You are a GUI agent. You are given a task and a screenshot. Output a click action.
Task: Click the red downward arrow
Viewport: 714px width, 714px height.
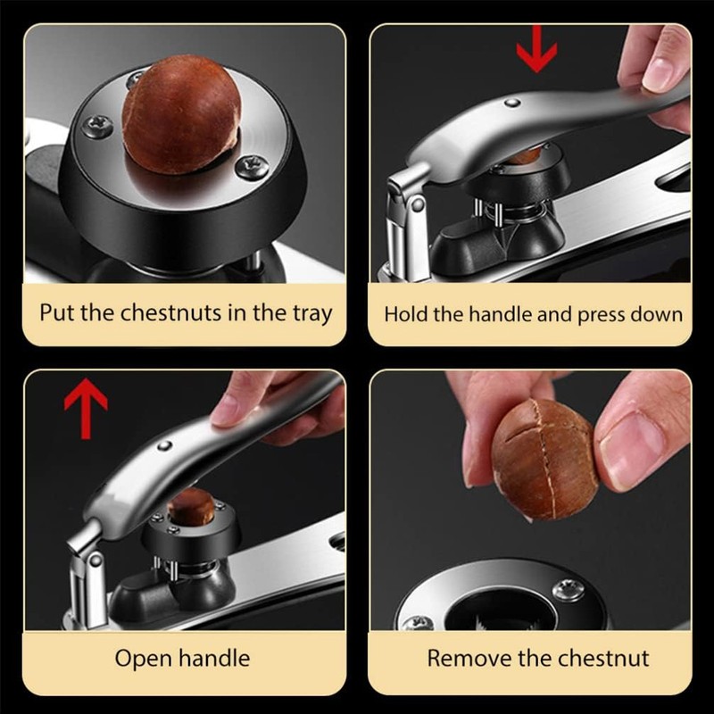[535, 52]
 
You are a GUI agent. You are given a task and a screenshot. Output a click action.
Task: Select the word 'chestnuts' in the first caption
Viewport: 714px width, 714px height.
[163, 313]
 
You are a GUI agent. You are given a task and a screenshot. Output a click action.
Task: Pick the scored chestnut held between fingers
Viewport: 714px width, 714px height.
[533, 458]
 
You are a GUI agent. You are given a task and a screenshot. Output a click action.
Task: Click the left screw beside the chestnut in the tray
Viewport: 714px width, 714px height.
[97, 125]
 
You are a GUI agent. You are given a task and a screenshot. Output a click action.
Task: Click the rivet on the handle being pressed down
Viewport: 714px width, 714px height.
[512, 104]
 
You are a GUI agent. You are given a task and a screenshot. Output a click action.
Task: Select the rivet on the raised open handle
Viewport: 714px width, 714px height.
[166, 444]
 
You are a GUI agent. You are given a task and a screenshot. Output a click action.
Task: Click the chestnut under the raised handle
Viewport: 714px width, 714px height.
[192, 507]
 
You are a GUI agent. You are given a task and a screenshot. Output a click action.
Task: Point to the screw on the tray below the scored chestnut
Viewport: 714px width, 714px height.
[569, 589]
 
